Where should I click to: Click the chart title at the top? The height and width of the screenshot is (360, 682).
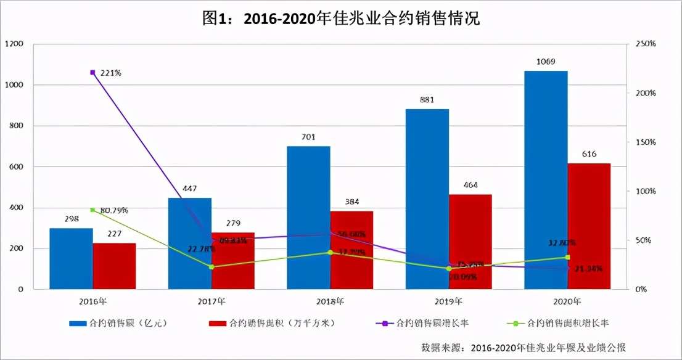[341, 19]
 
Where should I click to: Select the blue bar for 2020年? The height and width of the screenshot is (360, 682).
[546, 180]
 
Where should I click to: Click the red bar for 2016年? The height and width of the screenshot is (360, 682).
[114, 266]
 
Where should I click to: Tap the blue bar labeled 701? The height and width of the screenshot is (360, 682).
[308, 218]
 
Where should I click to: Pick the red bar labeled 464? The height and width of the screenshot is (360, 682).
[470, 242]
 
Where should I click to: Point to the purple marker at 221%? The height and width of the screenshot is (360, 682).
[92, 73]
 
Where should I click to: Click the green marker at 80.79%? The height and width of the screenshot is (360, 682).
[92, 210]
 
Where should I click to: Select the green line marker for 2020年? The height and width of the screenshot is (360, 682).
[567, 257]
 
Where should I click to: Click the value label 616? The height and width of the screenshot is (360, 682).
[589, 154]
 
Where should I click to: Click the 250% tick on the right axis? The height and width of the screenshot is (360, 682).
[644, 44]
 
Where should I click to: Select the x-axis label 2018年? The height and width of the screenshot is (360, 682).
[330, 302]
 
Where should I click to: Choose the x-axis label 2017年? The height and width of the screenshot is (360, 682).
[212, 302]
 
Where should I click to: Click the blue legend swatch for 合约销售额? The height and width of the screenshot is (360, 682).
[78, 323]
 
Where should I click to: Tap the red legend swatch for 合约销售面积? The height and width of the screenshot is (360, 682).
[218, 323]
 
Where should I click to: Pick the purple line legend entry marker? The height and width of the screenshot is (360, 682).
[383, 323]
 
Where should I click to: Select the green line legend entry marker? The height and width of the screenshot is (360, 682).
[517, 323]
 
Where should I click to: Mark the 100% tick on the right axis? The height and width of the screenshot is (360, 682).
[644, 192]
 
